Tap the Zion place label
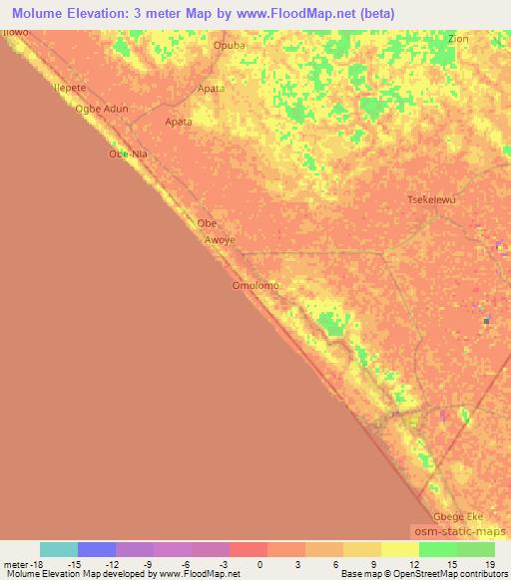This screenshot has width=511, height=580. click(x=458, y=39)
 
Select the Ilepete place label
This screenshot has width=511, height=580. click(x=69, y=89)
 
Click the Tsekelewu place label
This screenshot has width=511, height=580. click(x=432, y=200)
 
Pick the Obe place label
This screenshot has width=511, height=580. click(x=207, y=223)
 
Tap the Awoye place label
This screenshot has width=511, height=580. click(x=219, y=240)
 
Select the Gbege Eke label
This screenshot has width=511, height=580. click(x=458, y=517)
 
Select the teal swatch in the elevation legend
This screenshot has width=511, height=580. click(x=59, y=549)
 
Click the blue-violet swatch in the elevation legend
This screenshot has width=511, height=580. click(x=97, y=549)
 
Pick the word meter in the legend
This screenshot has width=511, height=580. click(x=14, y=564)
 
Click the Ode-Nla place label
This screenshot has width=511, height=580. click(x=128, y=154)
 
